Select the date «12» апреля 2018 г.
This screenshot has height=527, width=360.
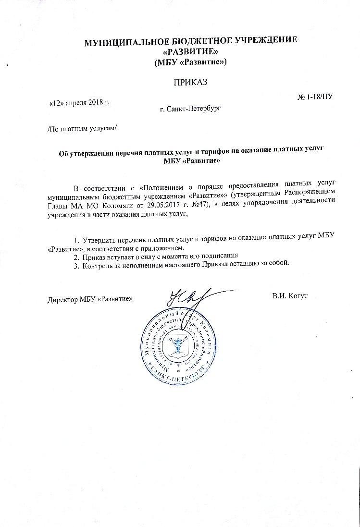[80, 103]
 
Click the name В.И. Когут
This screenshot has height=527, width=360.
[290, 294]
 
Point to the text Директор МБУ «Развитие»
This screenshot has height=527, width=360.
[90, 299]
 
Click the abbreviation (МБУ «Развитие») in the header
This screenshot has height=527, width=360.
[190, 62]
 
